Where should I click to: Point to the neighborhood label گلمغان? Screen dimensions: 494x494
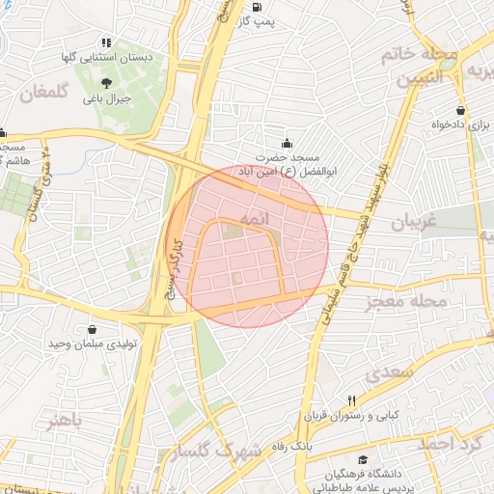click(x=45, y=92)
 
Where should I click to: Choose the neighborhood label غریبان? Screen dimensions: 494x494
click(x=416, y=223)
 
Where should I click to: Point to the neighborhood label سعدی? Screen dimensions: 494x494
click(x=390, y=371)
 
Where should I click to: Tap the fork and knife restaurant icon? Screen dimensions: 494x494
click(x=352, y=400)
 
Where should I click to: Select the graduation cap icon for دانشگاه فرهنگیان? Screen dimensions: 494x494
click(x=363, y=460)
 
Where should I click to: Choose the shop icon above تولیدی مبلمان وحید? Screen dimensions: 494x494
click(x=92, y=329)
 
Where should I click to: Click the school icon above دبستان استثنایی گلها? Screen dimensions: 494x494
click(x=106, y=42)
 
